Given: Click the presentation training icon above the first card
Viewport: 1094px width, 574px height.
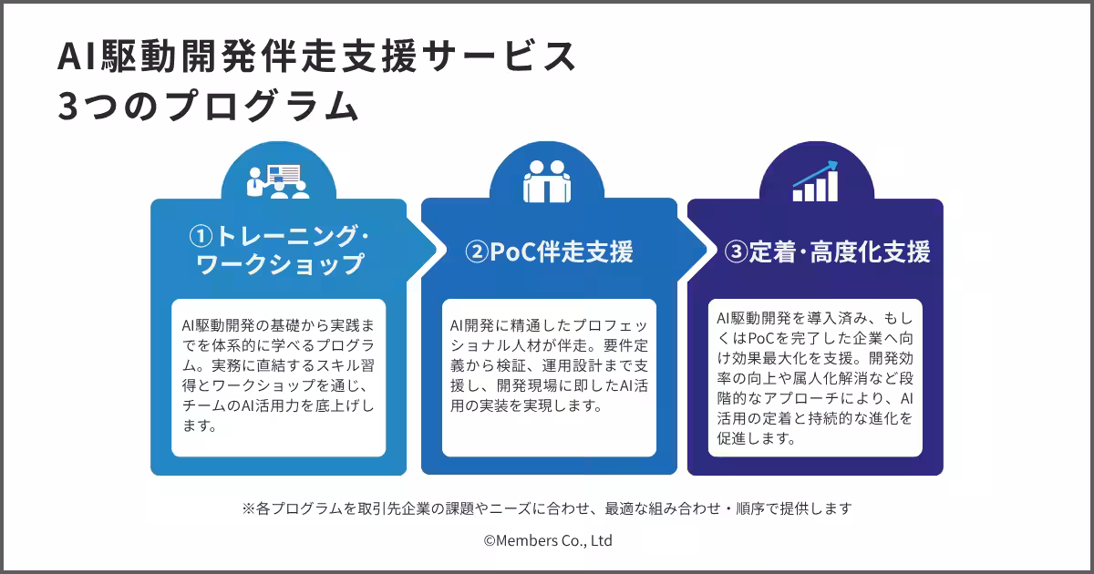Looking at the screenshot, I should [x=278, y=180].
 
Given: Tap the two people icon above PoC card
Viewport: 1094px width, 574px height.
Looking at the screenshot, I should [x=546, y=180].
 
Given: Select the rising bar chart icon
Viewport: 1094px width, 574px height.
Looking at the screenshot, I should [x=815, y=180].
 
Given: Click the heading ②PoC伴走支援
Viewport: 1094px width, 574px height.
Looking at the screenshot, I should [x=549, y=252].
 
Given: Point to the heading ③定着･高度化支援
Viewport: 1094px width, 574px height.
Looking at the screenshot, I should [x=827, y=252].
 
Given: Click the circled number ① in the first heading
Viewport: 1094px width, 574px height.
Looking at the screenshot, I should [x=201, y=237].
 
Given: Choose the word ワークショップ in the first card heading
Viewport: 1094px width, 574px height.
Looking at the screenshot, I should [x=281, y=265].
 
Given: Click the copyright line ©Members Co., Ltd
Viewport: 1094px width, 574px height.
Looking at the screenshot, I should [x=547, y=540].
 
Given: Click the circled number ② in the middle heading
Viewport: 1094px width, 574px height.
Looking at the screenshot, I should [x=477, y=252].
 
